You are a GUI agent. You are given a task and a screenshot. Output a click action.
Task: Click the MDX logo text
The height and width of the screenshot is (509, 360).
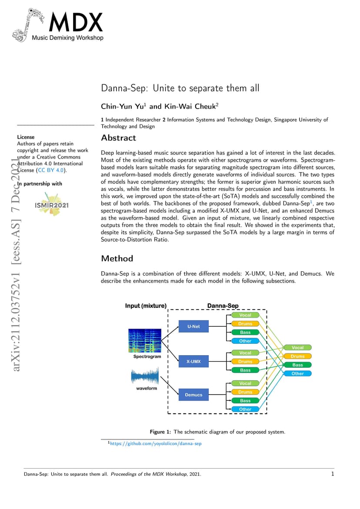(x=76, y=22)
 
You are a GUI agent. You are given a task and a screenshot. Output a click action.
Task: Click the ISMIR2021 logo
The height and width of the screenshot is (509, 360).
(x=52, y=204)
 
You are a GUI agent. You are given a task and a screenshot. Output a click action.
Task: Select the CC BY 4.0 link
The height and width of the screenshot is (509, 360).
(x=51, y=170)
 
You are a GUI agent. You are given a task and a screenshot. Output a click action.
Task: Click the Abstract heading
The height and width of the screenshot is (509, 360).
(x=119, y=138)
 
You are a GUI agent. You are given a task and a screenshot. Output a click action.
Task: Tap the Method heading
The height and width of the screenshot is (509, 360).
(x=117, y=258)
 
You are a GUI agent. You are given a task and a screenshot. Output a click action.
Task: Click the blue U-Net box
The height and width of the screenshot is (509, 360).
(x=193, y=326)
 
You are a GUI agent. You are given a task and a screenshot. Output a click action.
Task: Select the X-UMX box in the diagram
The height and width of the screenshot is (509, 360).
(x=193, y=361)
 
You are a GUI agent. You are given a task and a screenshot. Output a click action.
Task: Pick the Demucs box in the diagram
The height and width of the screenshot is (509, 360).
(x=193, y=395)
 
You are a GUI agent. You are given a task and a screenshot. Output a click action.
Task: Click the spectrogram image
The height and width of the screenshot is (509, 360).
(x=145, y=340)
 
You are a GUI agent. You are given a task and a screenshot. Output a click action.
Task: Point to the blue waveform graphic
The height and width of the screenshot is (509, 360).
(x=145, y=376)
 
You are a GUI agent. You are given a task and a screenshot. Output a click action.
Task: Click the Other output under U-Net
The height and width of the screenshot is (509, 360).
(x=245, y=341)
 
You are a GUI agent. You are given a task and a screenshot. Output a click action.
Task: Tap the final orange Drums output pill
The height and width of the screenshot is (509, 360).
(x=297, y=356)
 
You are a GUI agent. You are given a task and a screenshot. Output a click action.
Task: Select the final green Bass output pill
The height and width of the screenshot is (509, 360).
(x=297, y=365)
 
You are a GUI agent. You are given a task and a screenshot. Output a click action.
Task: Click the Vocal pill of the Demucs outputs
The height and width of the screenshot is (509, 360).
(x=245, y=383)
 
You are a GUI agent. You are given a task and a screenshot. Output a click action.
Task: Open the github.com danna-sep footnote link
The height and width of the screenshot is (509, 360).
(x=156, y=443)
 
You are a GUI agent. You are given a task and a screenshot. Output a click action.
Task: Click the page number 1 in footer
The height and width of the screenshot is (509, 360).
(x=333, y=474)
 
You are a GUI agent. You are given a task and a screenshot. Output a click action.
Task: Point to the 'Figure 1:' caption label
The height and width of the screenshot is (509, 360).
(x=160, y=432)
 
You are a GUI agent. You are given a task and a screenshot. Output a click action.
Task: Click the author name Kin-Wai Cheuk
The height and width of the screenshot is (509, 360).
(x=190, y=106)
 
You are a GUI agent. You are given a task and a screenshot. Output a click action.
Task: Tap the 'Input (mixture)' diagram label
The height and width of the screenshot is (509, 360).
(x=146, y=306)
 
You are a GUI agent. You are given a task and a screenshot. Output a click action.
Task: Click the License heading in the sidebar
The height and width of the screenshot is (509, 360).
(x=26, y=137)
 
